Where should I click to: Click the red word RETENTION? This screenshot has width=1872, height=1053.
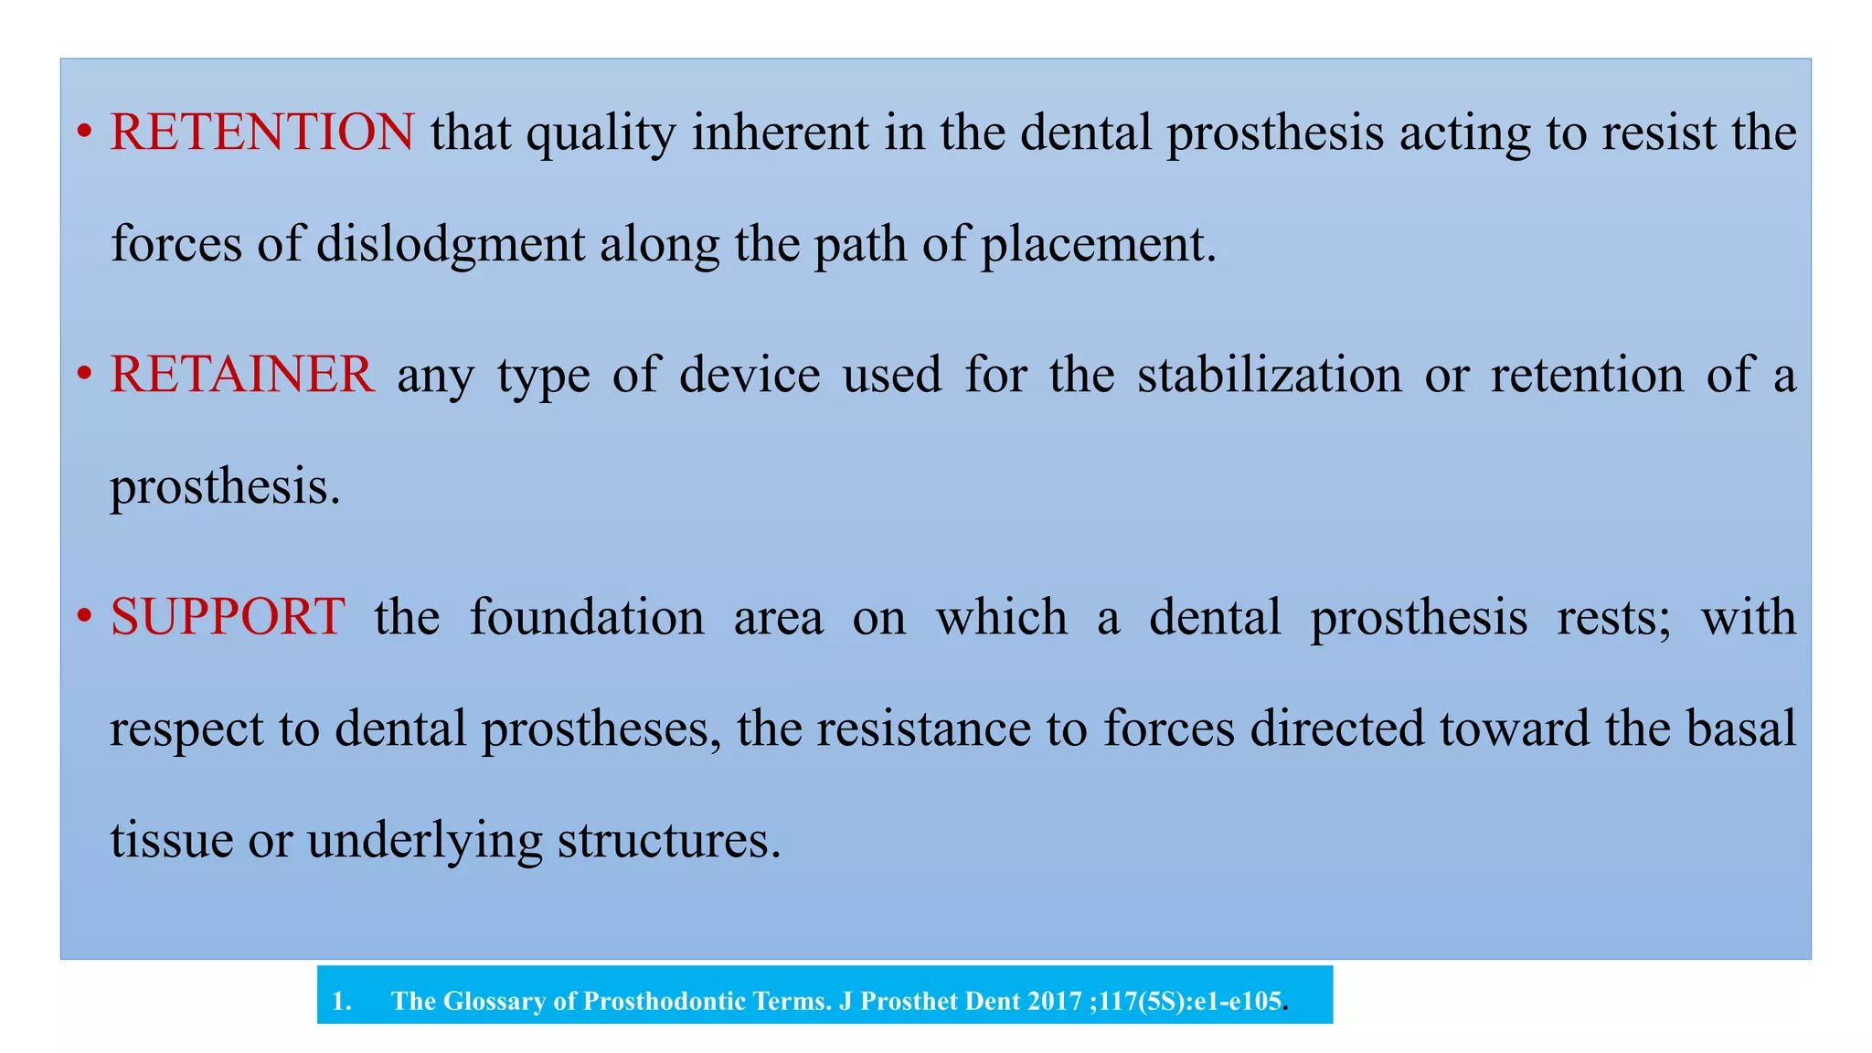pyautogui.click(x=262, y=132)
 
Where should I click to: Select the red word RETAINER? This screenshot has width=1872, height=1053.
pyautogui.click(x=242, y=375)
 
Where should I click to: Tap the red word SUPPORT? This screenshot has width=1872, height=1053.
pyautogui.click(x=228, y=617)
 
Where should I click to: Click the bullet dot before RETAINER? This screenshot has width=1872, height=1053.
pyautogui.click(x=84, y=375)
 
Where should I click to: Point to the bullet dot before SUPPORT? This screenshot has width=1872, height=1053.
pyautogui.click(x=84, y=617)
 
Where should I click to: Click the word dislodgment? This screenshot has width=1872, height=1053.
pyautogui.click(x=451, y=244)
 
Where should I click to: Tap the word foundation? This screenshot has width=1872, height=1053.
pyautogui.click(x=587, y=617)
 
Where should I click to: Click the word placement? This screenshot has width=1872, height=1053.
pyautogui.click(x=1099, y=244)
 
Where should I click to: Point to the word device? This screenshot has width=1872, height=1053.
pyautogui.click(x=750, y=375)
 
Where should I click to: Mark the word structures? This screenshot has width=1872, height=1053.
pyautogui.click(x=669, y=840)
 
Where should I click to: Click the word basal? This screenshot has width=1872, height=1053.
pyautogui.click(x=1741, y=729)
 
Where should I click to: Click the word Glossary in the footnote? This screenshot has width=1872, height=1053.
pyautogui.click(x=498, y=1001)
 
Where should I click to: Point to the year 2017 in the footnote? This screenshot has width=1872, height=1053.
pyautogui.click(x=1055, y=1001)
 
